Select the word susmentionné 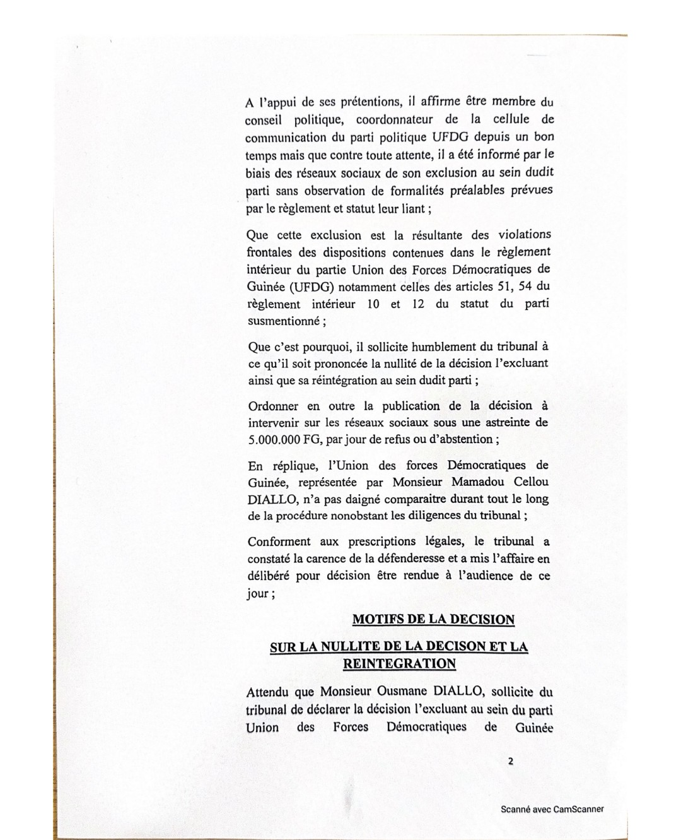(x=283, y=321)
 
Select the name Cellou (x=528, y=482)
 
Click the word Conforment (x=279, y=541)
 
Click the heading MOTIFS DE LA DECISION (x=433, y=619)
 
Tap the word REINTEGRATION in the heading (x=399, y=663)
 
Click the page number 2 (x=510, y=761)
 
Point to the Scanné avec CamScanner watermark (x=552, y=809)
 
